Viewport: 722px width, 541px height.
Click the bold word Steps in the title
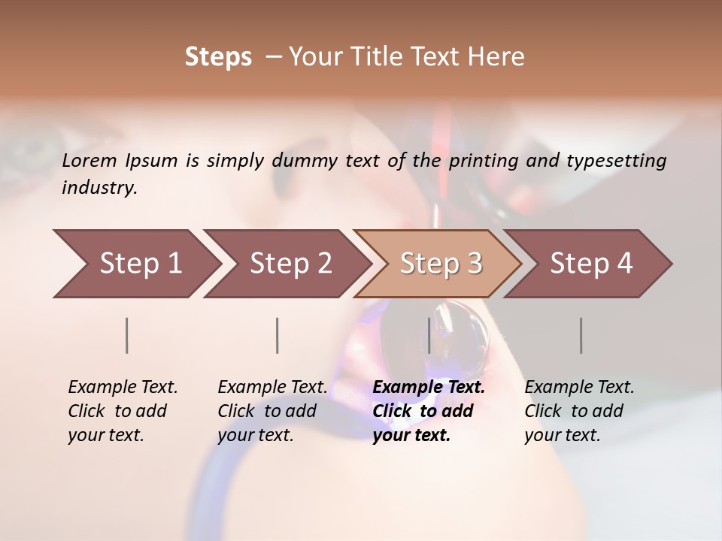pyautogui.click(x=218, y=57)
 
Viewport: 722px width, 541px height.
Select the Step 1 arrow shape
pyautogui.click(x=135, y=264)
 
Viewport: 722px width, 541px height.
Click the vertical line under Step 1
pyautogui.click(x=127, y=335)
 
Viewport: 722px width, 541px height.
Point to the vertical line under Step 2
pyautogui.click(x=278, y=335)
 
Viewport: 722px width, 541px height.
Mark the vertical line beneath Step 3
pyautogui.click(x=429, y=335)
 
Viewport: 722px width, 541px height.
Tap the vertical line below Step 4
pyautogui.click(x=581, y=335)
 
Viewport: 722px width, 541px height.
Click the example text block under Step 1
pyautogui.click(x=123, y=411)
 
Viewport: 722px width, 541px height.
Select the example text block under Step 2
pyautogui.click(x=272, y=411)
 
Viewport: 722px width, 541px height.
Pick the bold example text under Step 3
pyautogui.click(x=428, y=411)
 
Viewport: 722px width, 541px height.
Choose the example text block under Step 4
pyautogui.click(x=579, y=411)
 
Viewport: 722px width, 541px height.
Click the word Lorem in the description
pyautogui.click(x=89, y=160)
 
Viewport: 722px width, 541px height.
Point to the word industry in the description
pyautogui.click(x=99, y=188)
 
